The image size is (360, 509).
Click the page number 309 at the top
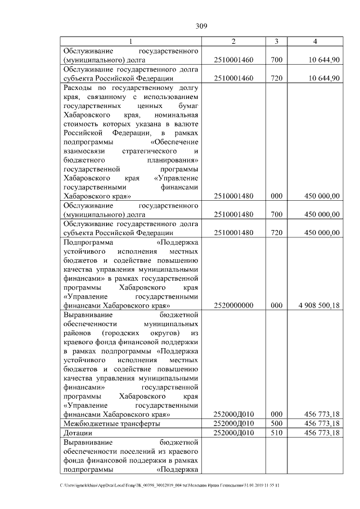(202, 26)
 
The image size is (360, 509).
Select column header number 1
(131, 42)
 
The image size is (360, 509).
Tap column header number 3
(276, 42)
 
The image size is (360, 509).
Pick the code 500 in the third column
(276, 423)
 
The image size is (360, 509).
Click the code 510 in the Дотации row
(276, 434)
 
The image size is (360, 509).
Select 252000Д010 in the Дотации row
(233, 434)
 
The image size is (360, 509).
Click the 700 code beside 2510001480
(276, 214)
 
